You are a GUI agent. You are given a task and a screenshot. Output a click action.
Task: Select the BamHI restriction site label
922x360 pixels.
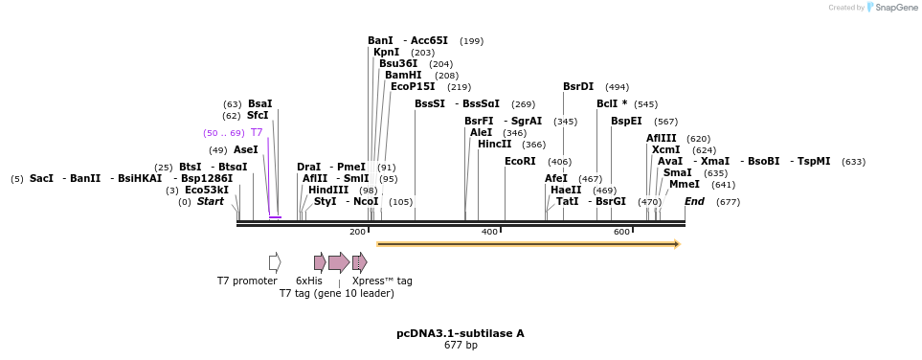pyautogui.click(x=403, y=75)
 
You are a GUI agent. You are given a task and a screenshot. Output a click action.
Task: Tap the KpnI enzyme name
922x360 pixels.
pyautogui.click(x=386, y=52)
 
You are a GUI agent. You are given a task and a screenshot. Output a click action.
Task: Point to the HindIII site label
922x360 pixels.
pyautogui.click(x=328, y=190)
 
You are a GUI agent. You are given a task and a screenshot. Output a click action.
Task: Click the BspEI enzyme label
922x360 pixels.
pyautogui.click(x=626, y=121)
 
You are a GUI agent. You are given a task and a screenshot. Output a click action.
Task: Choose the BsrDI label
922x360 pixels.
pyautogui.click(x=578, y=86)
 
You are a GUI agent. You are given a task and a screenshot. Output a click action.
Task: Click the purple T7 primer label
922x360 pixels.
pyautogui.click(x=257, y=132)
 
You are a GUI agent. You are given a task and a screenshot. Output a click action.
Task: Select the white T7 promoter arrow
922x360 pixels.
pyautogui.click(x=275, y=262)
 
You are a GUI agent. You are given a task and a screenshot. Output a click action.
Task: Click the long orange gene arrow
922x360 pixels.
pyautogui.click(x=528, y=244)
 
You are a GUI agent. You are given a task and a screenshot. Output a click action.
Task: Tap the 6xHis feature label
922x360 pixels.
pyautogui.click(x=309, y=281)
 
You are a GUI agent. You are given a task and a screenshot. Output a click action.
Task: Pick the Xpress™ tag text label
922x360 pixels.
pyautogui.click(x=382, y=281)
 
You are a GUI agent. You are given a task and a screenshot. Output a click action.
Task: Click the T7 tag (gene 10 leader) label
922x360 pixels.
pyautogui.click(x=336, y=293)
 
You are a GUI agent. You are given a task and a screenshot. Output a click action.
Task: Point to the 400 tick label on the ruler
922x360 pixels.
pyautogui.click(x=489, y=232)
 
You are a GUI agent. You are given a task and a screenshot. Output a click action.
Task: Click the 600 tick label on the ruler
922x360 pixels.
pyautogui.click(x=621, y=232)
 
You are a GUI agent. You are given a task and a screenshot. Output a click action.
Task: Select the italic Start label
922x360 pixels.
pyautogui.click(x=210, y=201)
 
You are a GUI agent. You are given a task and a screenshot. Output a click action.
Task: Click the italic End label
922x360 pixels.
pyautogui.click(x=694, y=201)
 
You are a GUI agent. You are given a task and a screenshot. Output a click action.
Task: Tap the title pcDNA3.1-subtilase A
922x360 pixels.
pyautogui.click(x=461, y=333)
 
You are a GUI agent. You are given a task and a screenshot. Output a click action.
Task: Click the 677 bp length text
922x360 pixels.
pyautogui.click(x=461, y=345)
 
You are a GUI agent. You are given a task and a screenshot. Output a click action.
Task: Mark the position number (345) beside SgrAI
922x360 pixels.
pyautogui.click(x=565, y=121)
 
